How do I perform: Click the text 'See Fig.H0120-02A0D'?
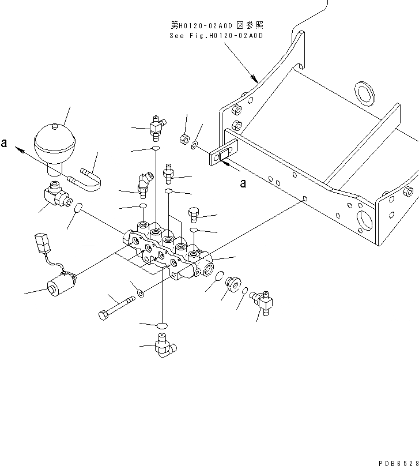pyautogui.click(x=216, y=36)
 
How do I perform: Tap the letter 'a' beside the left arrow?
pyautogui.click(x=5, y=144)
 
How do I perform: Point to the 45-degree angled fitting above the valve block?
pyautogui.click(x=144, y=182)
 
